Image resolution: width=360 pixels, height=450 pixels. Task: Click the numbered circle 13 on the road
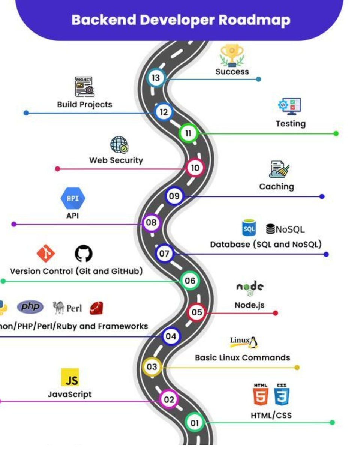tap(155, 78)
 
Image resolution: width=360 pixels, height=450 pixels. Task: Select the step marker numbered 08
tap(151, 223)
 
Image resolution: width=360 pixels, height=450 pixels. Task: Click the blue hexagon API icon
tap(72, 199)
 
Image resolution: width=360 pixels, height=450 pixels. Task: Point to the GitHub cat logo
tap(83, 254)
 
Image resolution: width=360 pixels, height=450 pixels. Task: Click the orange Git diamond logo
tap(46, 253)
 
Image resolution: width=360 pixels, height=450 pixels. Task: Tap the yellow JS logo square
tap(70, 377)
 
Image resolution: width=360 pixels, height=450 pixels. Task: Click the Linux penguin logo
tap(253, 342)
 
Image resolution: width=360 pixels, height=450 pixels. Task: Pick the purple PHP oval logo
tap(30, 307)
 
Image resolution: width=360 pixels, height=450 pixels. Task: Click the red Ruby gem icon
tap(96, 308)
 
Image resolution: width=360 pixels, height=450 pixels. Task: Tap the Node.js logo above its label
tap(250, 288)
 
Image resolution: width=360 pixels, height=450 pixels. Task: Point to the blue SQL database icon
tap(249, 228)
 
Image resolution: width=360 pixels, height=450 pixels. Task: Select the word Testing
tap(291, 124)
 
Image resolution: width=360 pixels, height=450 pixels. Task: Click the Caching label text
tap(276, 186)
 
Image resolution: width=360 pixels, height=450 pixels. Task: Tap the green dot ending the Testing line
tap(336, 133)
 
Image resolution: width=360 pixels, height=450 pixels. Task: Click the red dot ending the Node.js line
tap(276, 313)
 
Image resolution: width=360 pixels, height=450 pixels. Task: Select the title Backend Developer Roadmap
tap(180, 19)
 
